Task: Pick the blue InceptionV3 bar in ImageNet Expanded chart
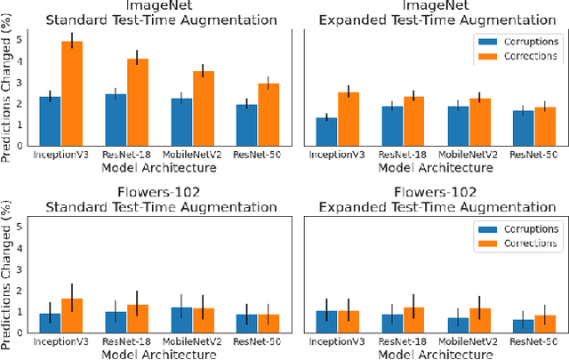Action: click(x=326, y=132)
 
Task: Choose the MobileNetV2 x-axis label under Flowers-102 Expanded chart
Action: click(x=469, y=341)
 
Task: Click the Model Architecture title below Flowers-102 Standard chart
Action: click(x=159, y=353)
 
